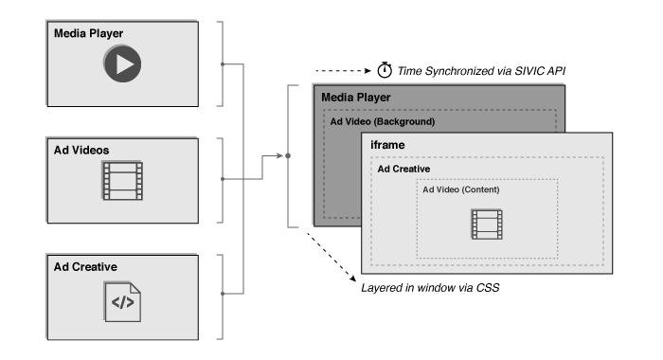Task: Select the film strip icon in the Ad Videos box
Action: pos(122,180)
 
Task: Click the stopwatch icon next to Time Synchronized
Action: pos(385,70)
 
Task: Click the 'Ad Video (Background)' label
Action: pos(382,122)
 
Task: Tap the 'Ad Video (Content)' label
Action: pos(461,189)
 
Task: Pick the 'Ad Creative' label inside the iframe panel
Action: pos(404,169)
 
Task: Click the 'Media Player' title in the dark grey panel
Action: pos(355,98)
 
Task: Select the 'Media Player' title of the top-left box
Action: pos(88,34)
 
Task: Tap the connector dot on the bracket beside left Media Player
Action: pos(222,64)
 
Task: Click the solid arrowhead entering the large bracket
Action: pos(279,153)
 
